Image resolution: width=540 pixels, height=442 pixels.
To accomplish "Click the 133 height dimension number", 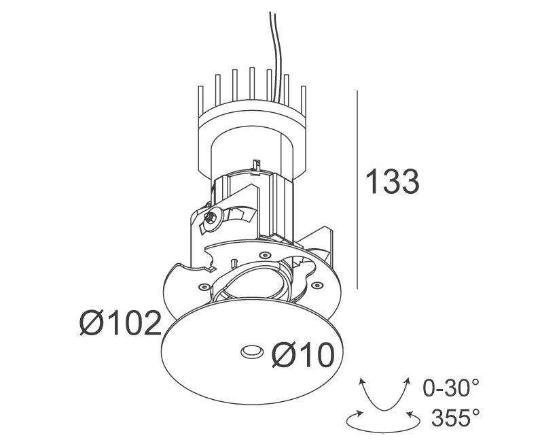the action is point(392,182).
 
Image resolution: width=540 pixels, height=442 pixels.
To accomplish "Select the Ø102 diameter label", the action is point(120,323).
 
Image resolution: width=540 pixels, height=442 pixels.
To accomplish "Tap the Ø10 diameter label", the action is point(303,355).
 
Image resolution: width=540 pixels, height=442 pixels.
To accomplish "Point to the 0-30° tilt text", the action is point(450,388).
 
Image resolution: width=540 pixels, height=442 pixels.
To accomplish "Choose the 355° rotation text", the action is point(455,418).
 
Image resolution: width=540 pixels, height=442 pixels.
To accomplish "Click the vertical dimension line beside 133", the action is point(357,190).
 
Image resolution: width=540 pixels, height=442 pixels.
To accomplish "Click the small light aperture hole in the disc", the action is point(252,352).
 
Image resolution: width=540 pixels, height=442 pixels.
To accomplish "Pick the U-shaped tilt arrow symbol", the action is point(384,396).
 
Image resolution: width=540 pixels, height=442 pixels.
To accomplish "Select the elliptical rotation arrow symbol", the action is point(383,422).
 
